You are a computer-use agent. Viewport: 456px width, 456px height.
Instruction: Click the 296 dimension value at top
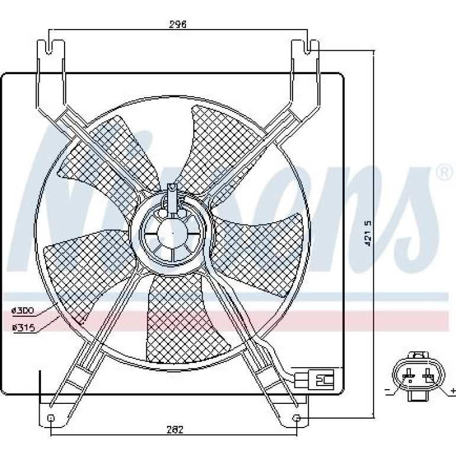pyautogui.click(x=178, y=24)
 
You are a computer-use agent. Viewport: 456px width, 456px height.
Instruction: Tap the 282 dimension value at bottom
pyautogui.click(x=175, y=429)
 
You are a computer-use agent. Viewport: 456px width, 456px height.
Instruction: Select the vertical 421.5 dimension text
pyautogui.click(x=368, y=233)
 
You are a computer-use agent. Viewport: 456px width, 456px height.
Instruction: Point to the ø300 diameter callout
pyautogui.click(x=23, y=310)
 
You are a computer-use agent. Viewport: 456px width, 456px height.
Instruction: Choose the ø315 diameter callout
pyautogui.click(x=24, y=327)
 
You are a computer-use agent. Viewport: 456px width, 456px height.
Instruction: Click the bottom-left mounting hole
pyautogui.click(x=50, y=418)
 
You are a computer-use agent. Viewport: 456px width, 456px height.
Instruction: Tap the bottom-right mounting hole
pyautogui.click(x=296, y=418)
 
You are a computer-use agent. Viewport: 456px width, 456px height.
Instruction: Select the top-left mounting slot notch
pyautogui.click(x=50, y=47)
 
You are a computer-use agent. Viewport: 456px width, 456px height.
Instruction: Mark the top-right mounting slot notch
pyautogui.click(x=307, y=47)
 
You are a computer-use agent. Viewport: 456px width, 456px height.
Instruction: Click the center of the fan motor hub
pyautogui.click(x=172, y=233)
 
